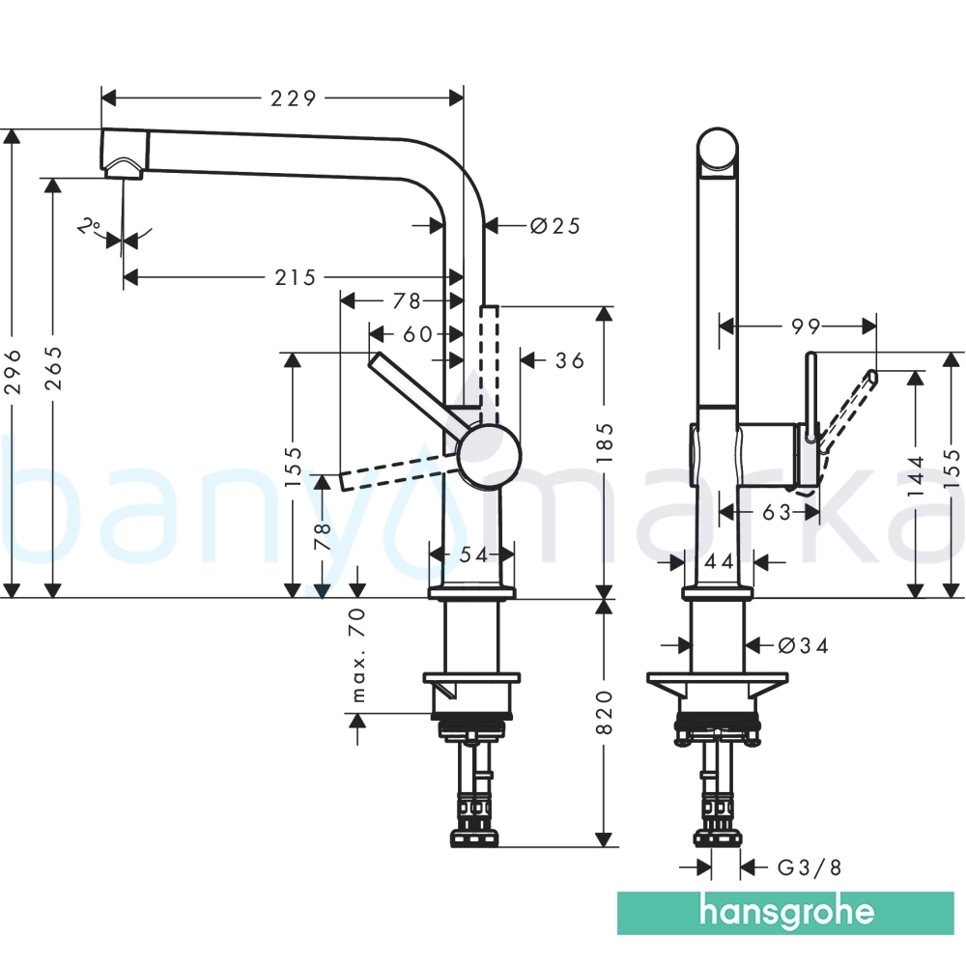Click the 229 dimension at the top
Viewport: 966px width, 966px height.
(294, 98)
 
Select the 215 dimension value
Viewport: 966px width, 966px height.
(295, 278)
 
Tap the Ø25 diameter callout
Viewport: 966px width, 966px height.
(555, 226)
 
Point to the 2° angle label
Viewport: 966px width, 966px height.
(90, 226)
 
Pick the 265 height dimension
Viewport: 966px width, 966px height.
(54, 368)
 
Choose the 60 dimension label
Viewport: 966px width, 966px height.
(418, 334)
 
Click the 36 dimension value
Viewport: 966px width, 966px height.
(569, 360)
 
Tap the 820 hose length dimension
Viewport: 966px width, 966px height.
(605, 713)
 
